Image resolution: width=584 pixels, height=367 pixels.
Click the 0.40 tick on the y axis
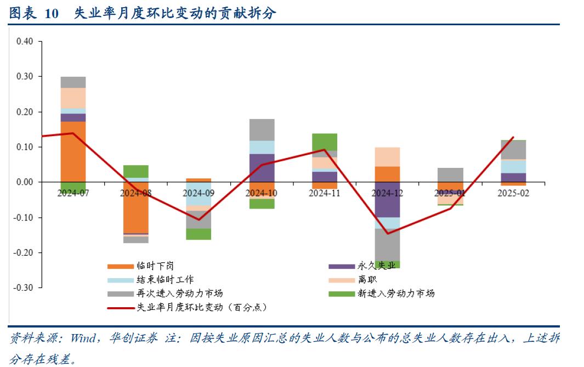[25, 42]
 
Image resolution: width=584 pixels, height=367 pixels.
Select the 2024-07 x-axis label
[73, 193]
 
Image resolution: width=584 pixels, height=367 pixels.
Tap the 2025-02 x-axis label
[513, 193]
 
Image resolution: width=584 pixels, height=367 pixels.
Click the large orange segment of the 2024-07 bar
[73, 151]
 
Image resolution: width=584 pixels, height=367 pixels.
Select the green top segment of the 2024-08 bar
[135, 171]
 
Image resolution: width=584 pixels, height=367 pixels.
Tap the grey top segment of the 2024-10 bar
[262, 129]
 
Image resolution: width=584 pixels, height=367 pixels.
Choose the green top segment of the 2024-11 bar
[324, 142]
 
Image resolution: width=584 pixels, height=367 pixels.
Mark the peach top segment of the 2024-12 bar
[387, 157]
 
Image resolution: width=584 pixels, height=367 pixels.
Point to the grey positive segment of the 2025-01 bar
[450, 175]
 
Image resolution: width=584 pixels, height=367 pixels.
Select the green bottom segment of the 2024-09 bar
[199, 234]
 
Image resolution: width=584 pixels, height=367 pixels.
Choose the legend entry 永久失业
[376, 266]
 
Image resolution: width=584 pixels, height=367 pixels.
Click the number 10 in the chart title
[51, 14]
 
